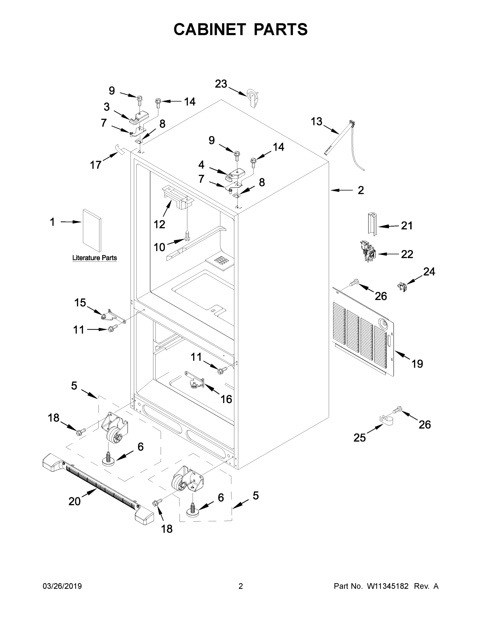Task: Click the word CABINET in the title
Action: [210, 29]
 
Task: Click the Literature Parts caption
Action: [94, 258]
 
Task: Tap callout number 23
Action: [221, 84]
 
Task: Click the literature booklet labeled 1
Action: [92, 230]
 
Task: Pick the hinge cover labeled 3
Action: [139, 117]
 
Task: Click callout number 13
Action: [316, 121]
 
